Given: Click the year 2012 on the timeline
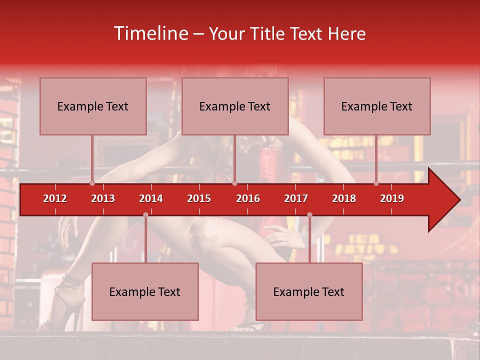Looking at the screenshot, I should (x=55, y=198).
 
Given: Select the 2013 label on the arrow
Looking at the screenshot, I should (x=103, y=198).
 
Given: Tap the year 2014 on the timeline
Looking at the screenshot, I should (x=151, y=198).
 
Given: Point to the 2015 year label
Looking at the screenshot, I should (x=199, y=198).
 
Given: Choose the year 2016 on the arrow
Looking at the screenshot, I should (x=248, y=198).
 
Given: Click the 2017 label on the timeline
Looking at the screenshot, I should (x=296, y=198).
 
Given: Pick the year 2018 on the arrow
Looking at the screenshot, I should (x=344, y=198).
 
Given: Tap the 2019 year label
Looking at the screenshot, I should (x=392, y=198).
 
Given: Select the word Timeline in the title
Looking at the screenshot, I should (x=150, y=33).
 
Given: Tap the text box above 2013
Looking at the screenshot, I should (x=93, y=106).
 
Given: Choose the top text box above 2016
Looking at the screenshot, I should (x=235, y=106).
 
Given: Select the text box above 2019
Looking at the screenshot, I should (x=377, y=106).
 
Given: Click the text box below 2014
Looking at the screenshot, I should (x=145, y=291).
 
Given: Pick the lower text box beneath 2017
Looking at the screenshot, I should (x=309, y=291).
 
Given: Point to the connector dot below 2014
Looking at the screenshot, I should (x=145, y=214).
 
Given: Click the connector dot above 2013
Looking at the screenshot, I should (x=92, y=183).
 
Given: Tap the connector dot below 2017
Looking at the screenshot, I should (x=309, y=214).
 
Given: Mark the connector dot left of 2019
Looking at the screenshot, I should (x=376, y=183).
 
